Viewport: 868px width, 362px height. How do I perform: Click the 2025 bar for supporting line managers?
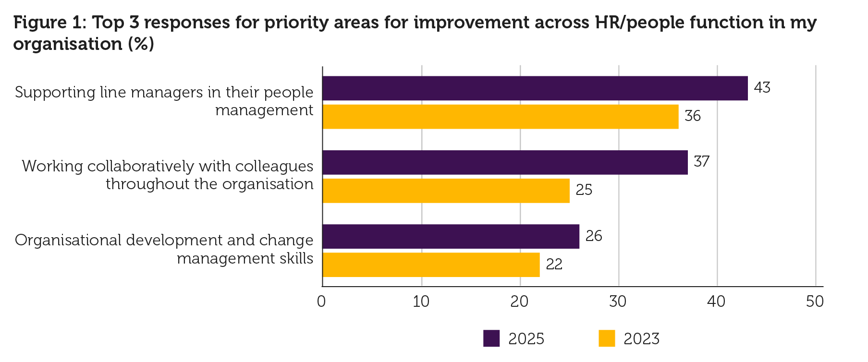535,88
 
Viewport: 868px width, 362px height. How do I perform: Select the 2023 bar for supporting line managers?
500,117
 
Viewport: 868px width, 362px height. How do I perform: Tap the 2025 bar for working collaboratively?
505,162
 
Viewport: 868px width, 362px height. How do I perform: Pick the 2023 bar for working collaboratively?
446,191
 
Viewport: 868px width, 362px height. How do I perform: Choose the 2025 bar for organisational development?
451,236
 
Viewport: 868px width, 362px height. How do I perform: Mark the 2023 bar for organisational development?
431,265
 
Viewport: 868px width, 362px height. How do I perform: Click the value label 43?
762,87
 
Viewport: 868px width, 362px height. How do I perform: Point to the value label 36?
693,116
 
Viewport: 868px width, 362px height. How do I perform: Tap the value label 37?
702,161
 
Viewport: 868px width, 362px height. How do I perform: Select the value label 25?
584,190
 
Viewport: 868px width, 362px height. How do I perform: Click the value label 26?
594,236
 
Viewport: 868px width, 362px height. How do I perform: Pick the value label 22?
554,265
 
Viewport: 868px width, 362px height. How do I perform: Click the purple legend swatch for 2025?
491,338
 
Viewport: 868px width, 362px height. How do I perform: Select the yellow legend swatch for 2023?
607,338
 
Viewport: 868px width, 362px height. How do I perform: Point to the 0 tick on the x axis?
321,302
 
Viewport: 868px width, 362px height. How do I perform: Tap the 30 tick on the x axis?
618,302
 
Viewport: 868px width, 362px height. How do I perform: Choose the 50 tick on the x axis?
815,302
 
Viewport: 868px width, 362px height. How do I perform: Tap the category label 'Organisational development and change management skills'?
164,249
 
